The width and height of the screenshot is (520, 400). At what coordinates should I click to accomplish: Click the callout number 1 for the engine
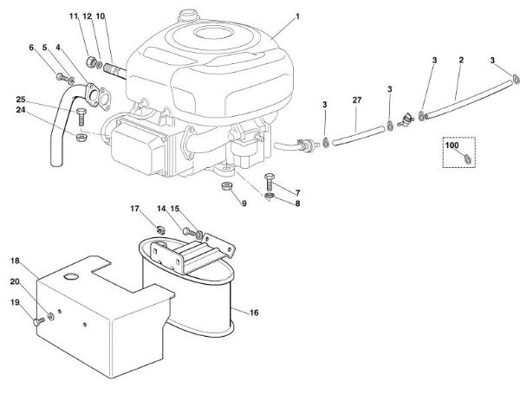click(297, 16)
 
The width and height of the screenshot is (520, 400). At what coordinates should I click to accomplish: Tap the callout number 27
click(357, 100)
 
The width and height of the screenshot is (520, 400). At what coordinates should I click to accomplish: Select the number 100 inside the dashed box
click(452, 145)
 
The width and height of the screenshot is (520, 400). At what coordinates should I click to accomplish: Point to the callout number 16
click(254, 313)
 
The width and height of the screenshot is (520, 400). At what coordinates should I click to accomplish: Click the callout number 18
click(15, 261)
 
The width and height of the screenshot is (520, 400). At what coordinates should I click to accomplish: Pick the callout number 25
click(21, 100)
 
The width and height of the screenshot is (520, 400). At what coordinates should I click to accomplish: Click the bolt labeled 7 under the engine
click(269, 182)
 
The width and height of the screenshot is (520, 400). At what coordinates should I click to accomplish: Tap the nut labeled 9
click(226, 186)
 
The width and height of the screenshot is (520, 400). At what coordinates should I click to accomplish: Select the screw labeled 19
click(39, 321)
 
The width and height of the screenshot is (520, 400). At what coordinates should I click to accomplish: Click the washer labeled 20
click(51, 316)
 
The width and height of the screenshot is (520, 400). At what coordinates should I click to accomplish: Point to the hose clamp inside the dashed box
click(466, 158)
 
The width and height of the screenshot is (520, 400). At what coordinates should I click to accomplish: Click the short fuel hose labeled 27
click(358, 136)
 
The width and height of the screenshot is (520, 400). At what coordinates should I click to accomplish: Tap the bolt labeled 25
click(81, 117)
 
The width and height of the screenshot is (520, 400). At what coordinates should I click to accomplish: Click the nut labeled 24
click(81, 137)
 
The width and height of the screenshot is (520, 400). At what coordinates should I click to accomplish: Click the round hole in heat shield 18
click(72, 276)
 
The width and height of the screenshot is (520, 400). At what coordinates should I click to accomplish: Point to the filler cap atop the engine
click(188, 16)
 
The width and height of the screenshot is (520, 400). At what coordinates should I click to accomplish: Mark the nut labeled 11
click(91, 61)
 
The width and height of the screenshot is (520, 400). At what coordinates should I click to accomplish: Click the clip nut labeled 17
click(161, 229)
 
